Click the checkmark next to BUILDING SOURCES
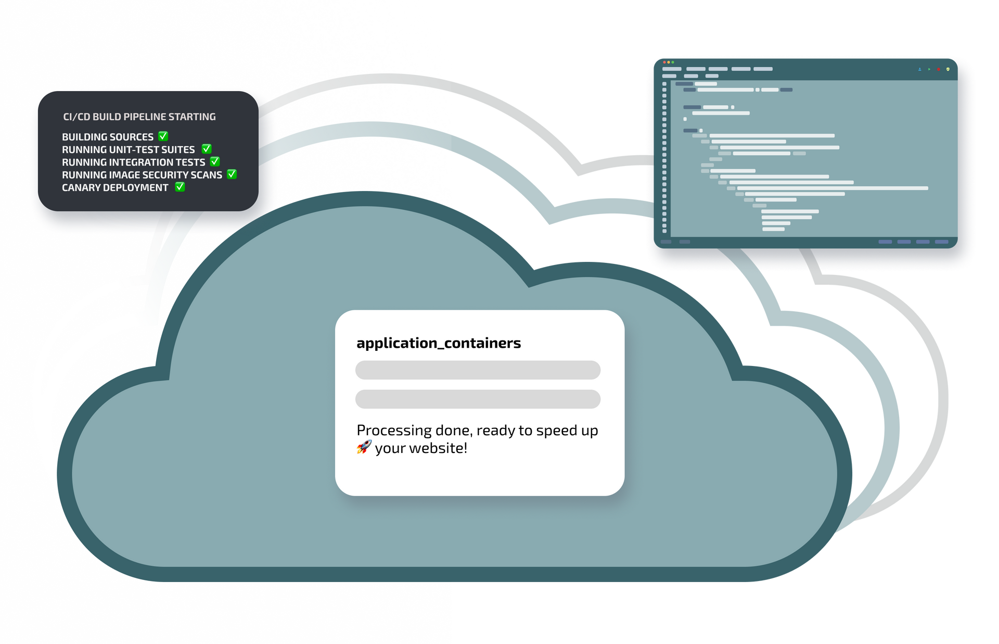point(163,136)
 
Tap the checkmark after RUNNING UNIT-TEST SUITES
point(207,149)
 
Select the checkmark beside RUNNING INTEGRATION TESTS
point(215,161)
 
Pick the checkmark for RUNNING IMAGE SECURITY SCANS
point(232,174)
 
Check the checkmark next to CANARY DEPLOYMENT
point(180,186)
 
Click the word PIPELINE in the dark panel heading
point(144,117)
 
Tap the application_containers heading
point(438,343)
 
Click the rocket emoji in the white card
point(364,447)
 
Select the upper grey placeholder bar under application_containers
point(478,370)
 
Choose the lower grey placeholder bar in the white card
point(478,399)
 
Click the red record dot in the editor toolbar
point(938,69)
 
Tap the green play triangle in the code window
point(929,69)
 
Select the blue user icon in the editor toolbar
point(920,69)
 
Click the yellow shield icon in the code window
point(948,69)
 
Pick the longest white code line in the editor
point(832,188)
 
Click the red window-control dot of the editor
point(664,62)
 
